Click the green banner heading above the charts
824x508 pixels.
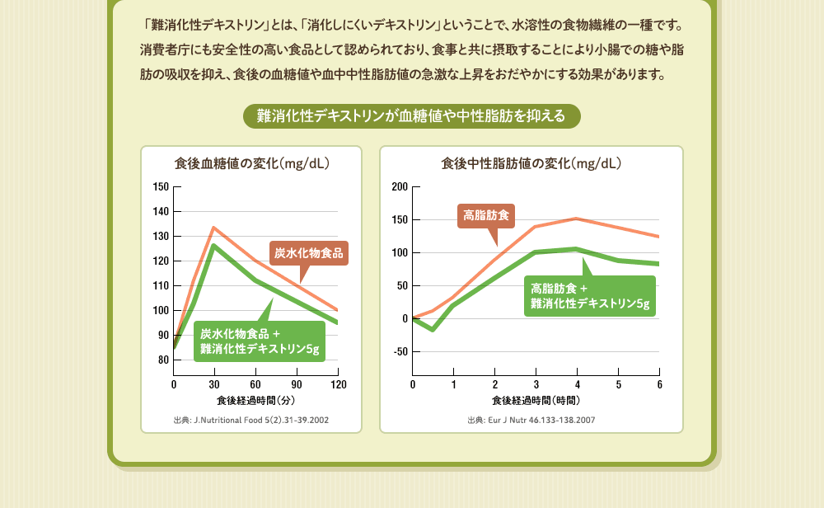pos(412,116)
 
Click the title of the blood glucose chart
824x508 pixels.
pos(252,163)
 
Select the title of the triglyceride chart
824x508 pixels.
pos(531,163)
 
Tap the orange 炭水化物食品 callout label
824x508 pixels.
pos(309,252)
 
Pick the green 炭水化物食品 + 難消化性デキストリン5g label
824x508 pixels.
pos(260,341)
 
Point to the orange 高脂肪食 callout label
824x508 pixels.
pos(486,216)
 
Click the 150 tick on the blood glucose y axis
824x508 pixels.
pos(161,187)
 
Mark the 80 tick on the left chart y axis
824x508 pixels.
pos(163,360)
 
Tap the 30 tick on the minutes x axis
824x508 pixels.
pos(214,385)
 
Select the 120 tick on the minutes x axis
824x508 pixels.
pos(338,385)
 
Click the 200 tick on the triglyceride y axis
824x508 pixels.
pos(400,187)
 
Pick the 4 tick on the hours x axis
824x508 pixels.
pos(577,385)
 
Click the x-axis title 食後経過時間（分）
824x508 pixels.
pos(255,401)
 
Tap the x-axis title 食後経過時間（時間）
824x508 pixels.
pos(536,401)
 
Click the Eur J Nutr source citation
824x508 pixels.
pos(531,420)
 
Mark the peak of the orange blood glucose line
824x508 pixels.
pos(213,228)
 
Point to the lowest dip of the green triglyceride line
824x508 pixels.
pos(433,330)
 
